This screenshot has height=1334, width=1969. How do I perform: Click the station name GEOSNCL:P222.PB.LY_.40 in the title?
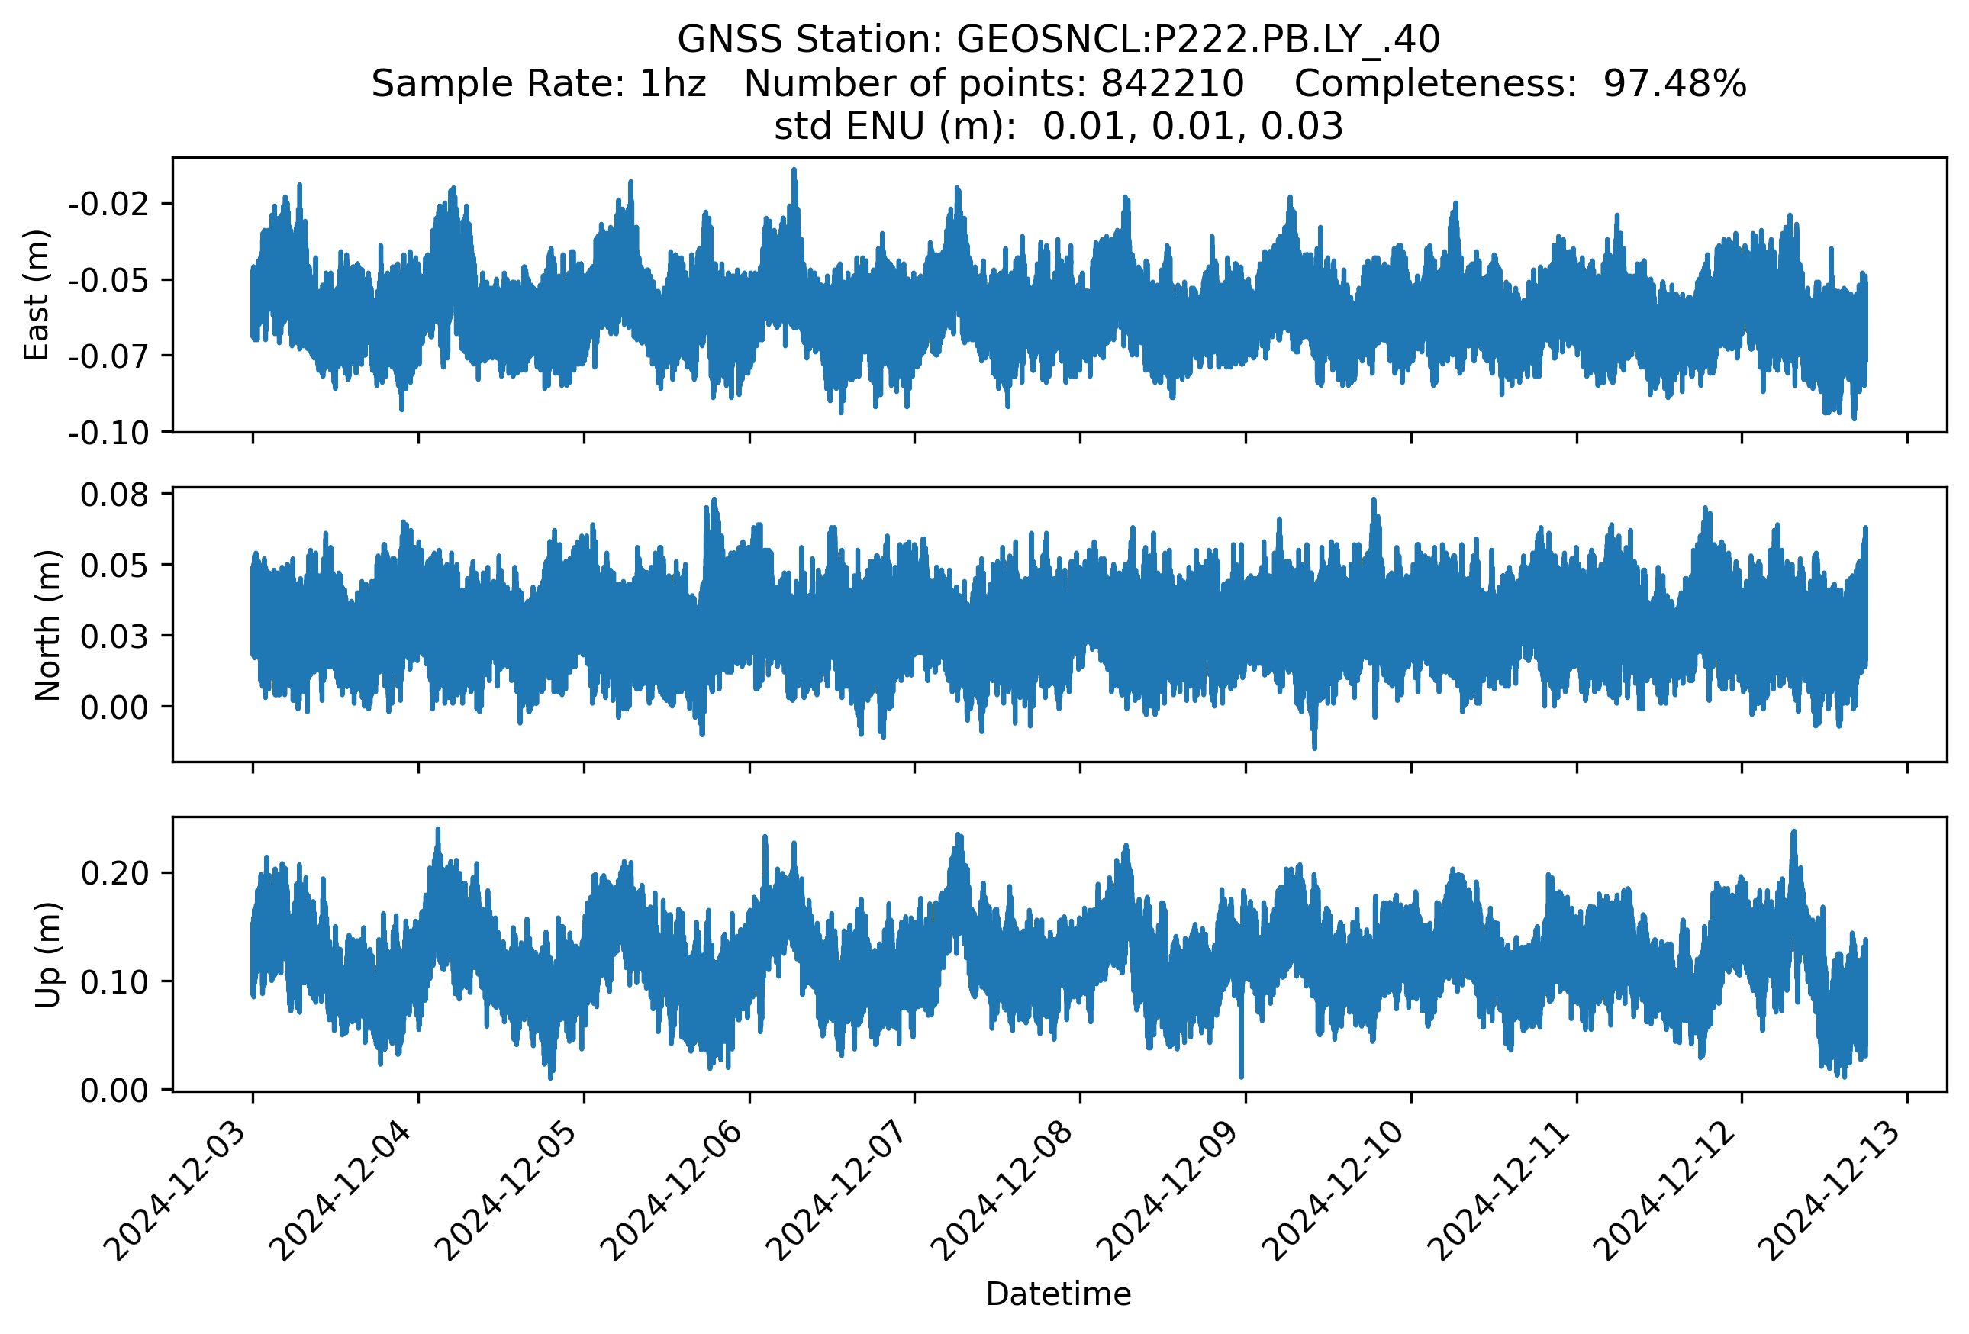[x=1197, y=40]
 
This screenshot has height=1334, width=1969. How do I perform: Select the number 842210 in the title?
[x=1171, y=84]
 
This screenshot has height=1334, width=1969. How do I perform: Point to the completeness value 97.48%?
[x=1674, y=84]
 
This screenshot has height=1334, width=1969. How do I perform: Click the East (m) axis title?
[x=37, y=295]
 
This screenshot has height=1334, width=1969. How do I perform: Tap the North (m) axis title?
[x=47, y=625]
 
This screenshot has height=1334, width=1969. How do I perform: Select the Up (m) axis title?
[x=47, y=955]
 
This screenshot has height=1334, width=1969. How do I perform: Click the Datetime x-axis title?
[x=1059, y=1294]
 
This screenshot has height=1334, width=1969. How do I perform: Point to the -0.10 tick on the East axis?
[x=108, y=433]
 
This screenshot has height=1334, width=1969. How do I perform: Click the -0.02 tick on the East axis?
[x=108, y=204]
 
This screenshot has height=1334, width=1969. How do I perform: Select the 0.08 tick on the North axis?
[x=114, y=495]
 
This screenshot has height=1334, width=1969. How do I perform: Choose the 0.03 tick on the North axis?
[x=114, y=636]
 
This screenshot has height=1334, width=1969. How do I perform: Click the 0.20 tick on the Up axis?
[x=114, y=872]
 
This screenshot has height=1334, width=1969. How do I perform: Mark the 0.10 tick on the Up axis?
[x=114, y=981]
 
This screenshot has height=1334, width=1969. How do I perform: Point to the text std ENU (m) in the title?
[x=894, y=127]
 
